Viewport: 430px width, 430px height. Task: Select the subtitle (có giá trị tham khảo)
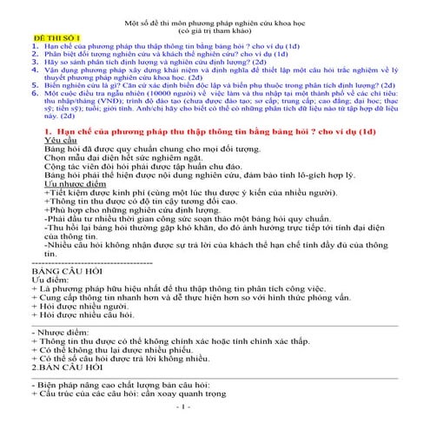pyautogui.click(x=216, y=27)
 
